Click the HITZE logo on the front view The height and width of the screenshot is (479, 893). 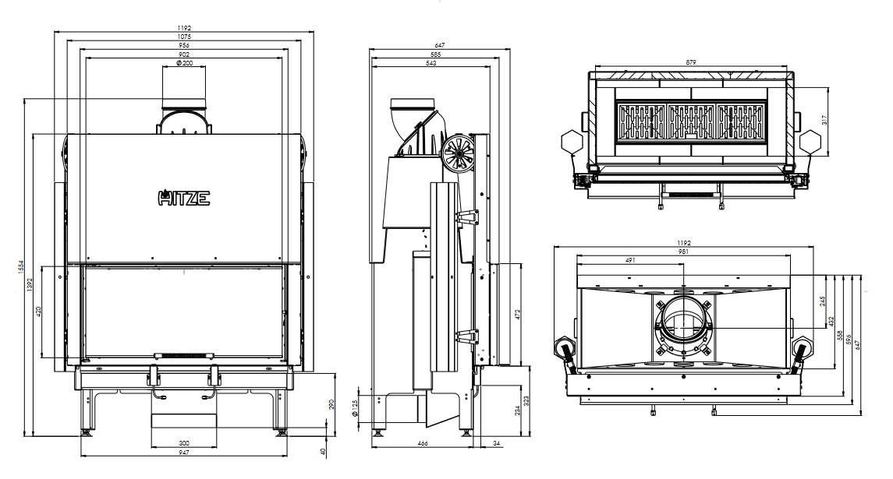[183, 197]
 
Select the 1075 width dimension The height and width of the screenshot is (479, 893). [184, 37]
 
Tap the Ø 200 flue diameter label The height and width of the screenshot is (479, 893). [185, 62]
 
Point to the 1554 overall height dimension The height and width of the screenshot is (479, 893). [20, 267]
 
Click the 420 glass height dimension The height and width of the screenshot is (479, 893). [39, 312]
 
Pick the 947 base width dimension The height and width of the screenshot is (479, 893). [183, 453]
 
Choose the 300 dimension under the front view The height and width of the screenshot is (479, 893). [183, 442]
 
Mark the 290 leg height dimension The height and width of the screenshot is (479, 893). [331, 404]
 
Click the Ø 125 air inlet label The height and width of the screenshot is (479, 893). [354, 408]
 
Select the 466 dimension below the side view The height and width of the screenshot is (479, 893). [423, 442]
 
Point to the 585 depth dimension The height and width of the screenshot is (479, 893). [436, 54]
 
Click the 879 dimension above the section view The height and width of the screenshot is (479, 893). [691, 62]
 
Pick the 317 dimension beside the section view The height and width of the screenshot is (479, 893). [824, 120]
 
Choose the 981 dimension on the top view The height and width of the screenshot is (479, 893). [683, 251]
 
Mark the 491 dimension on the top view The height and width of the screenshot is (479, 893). [630, 260]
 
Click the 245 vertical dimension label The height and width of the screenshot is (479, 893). [822, 301]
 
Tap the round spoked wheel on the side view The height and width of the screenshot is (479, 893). [457, 153]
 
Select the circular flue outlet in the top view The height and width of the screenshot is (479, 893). [683, 322]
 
